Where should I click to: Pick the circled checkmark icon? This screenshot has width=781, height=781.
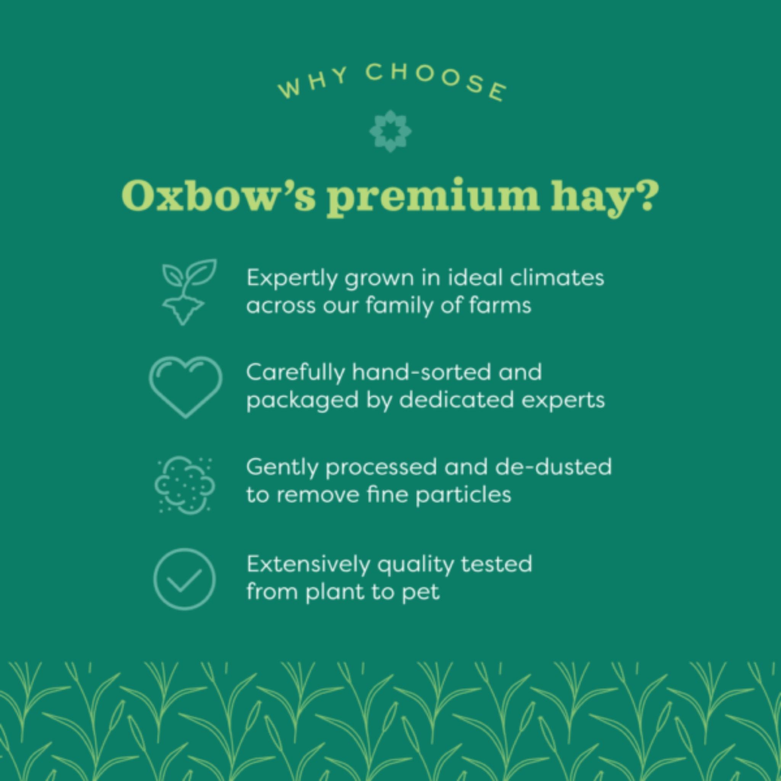(185, 579)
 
